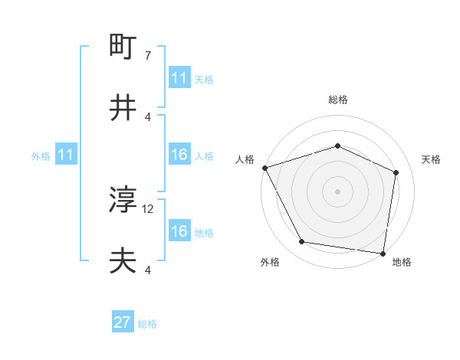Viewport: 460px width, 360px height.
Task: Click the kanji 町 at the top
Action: (123, 48)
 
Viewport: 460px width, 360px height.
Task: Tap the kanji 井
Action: (123, 108)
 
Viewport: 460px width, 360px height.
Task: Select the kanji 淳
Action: (123, 201)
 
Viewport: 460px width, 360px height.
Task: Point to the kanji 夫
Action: (123, 261)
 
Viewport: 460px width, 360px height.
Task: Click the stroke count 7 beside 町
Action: (148, 56)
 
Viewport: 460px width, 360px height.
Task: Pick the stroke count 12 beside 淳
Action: (149, 208)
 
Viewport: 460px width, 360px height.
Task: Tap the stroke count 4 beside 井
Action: (148, 116)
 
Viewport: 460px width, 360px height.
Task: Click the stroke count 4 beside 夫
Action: (148, 270)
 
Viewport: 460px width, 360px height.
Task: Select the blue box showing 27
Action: (123, 322)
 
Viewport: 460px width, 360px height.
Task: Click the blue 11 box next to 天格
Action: (179, 78)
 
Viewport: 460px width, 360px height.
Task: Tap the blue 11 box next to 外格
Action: (66, 155)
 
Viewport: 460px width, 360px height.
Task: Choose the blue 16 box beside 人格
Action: (179, 155)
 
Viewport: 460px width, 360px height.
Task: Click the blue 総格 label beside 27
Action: (147, 324)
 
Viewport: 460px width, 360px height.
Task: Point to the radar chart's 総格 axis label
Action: (337, 100)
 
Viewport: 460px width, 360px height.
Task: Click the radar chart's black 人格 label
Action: (245, 159)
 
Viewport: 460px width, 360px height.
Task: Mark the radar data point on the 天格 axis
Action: (396, 172)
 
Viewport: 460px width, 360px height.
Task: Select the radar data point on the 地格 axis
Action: (383, 253)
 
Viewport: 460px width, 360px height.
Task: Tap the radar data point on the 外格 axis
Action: (301, 242)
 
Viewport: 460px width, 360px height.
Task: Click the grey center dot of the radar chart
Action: (337, 191)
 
